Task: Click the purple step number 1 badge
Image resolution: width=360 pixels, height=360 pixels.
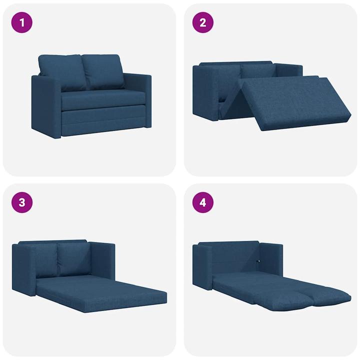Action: click(21, 22)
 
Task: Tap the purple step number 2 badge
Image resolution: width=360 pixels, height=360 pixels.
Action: click(203, 22)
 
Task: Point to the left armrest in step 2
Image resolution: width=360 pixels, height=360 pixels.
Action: click(204, 92)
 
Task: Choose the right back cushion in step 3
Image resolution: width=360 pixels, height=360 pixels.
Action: click(74, 259)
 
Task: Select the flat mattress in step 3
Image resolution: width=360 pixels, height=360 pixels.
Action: click(100, 292)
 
